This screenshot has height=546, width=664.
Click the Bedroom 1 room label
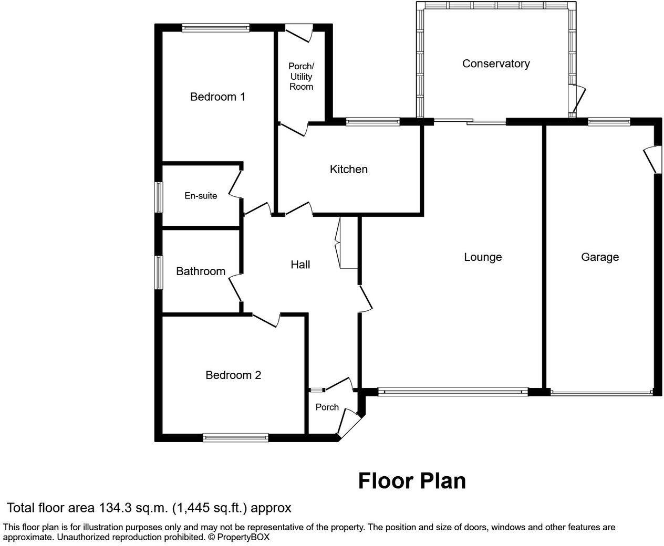[217, 97]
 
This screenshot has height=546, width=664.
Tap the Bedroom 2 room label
[233, 375]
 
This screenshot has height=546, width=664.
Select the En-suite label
[201, 196]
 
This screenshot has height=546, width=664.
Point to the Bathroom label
[201, 271]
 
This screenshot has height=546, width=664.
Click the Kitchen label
[348, 169]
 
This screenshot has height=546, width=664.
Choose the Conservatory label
[495, 64]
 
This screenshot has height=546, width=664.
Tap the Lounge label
[483, 257]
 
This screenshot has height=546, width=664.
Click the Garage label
[599, 257]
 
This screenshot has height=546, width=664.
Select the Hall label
[300, 265]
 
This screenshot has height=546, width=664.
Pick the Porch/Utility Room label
[301, 77]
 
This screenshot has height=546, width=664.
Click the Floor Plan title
[412, 481]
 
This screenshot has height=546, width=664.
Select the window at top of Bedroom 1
[215, 28]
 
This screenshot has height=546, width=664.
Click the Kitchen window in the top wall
[372, 122]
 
